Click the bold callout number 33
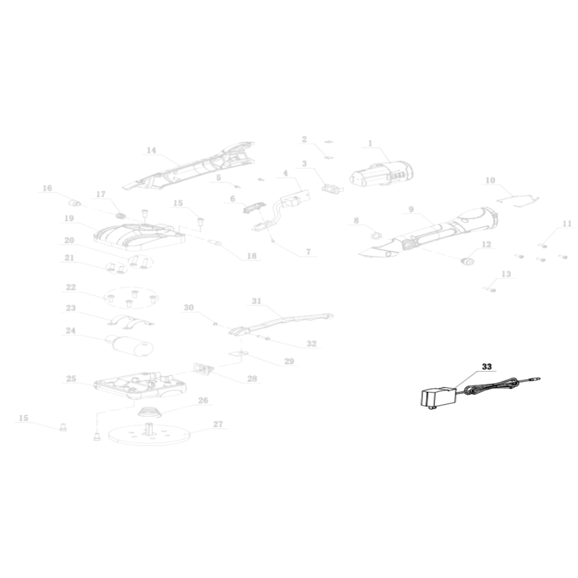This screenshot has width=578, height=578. [x=487, y=367]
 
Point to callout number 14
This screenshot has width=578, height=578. [x=151, y=150]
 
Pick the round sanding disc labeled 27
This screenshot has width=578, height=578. [x=149, y=433]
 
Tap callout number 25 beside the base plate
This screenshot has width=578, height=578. [x=71, y=379]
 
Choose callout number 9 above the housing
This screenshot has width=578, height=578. [x=411, y=209]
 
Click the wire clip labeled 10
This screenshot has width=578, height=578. [x=517, y=201]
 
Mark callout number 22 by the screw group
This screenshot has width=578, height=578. [x=71, y=287]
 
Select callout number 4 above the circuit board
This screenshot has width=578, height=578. [x=286, y=173]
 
